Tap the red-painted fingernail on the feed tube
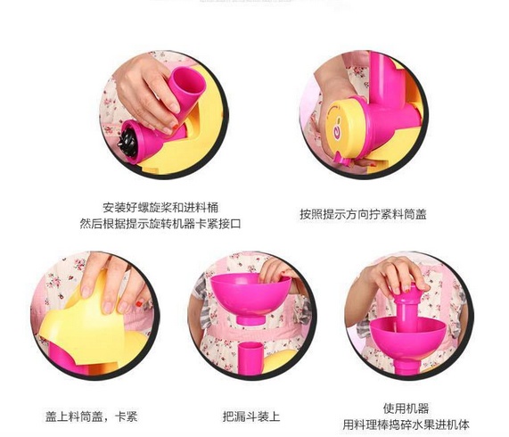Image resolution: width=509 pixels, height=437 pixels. (175, 127)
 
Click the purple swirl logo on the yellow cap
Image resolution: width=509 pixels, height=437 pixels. (337, 132)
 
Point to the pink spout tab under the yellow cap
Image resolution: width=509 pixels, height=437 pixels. (343, 159)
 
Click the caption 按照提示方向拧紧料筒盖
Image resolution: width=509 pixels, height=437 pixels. (363, 214)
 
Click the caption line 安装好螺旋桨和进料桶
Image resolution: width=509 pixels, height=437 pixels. (160, 207)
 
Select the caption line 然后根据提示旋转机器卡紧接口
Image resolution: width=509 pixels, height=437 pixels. (160, 224)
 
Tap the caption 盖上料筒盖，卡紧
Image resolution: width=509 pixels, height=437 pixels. (91, 416)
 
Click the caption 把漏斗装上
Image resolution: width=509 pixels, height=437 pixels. (251, 416)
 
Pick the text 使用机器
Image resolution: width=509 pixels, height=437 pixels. (406, 408)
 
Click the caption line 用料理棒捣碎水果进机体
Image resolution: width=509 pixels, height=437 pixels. (406, 425)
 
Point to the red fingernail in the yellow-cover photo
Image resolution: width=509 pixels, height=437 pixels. (139, 304)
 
